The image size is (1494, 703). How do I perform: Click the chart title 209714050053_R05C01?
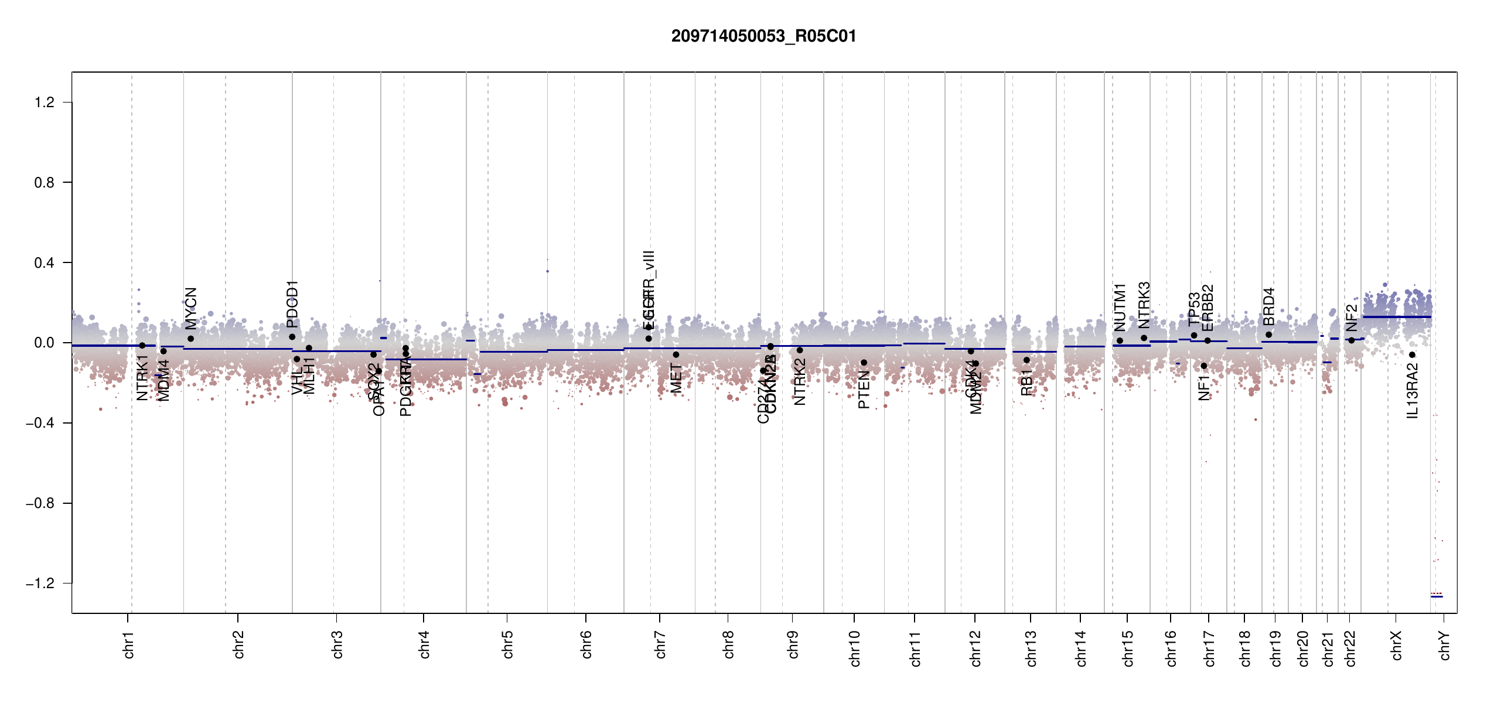(763, 36)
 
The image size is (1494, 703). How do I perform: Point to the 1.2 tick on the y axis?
(44, 103)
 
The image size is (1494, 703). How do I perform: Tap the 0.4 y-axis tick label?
(44, 262)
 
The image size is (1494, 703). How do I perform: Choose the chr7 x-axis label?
(660, 644)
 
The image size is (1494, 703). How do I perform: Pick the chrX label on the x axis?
(1397, 644)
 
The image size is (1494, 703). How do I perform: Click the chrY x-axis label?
(1445, 644)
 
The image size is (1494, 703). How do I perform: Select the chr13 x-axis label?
(1031, 647)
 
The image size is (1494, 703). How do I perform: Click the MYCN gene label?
(191, 309)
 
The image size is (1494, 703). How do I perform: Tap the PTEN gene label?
(864, 390)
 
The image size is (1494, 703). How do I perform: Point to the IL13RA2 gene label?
(1413, 391)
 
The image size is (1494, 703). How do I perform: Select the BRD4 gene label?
(1269, 307)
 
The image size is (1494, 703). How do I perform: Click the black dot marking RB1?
(1026, 360)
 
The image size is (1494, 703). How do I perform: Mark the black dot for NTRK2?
(800, 350)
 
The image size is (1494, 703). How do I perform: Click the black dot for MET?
(676, 354)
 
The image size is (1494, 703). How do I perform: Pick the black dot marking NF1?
(1204, 366)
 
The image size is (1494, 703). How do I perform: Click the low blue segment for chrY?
(1437, 596)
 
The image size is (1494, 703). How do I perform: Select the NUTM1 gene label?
(1120, 308)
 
